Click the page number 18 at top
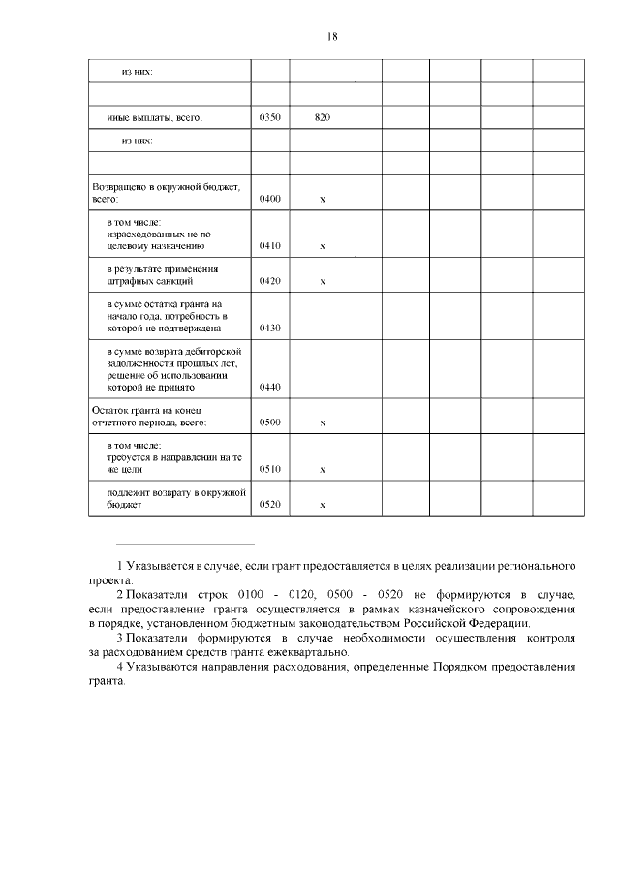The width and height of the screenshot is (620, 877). [332, 37]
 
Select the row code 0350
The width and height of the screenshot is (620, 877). [270, 117]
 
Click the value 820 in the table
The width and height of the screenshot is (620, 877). [323, 117]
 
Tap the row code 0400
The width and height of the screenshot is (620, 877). [270, 199]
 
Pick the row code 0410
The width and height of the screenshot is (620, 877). [270, 246]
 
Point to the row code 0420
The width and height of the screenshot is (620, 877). [270, 281]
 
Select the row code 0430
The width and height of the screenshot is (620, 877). [270, 328]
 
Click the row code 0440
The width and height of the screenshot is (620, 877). [270, 387]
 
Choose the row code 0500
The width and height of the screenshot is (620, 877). [270, 423]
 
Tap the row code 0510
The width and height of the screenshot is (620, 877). [270, 469]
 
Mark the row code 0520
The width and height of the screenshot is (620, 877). [270, 505]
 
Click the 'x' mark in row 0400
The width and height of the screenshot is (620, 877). [323, 199]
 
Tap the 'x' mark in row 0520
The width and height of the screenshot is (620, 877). [323, 505]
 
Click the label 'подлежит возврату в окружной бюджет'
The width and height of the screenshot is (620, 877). [170, 499]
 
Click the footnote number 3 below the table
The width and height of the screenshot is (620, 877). [119, 639]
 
